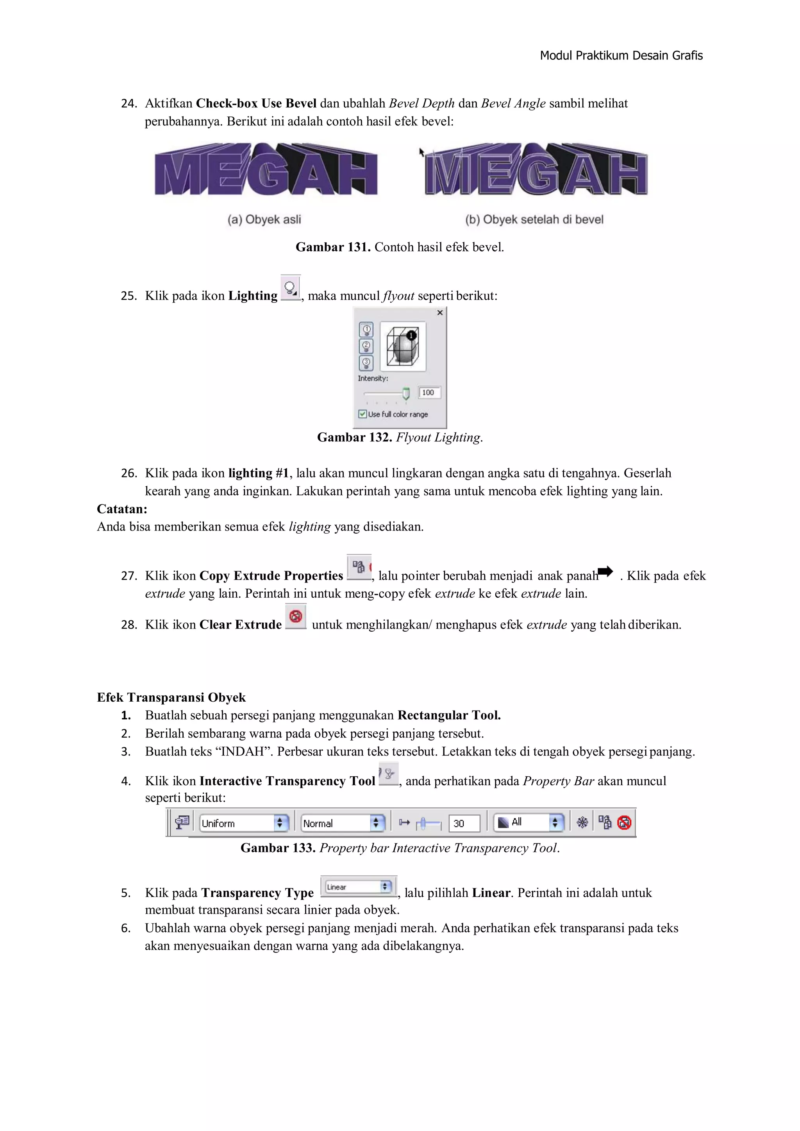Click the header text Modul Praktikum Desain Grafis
coord(621,55)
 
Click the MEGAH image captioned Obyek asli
coord(266,170)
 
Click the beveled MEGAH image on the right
coord(536,170)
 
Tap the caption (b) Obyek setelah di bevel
coord(534,220)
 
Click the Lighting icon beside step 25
coord(290,288)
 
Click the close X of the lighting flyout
coord(440,313)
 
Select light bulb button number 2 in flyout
coord(366,346)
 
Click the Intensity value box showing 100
coord(429,393)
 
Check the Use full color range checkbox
coord(362,414)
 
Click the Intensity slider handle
coord(406,393)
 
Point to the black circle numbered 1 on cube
coord(411,336)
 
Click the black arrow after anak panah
coord(605,572)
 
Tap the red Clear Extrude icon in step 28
coord(296,616)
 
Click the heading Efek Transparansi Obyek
coord(171,697)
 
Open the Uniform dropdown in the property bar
coord(244,823)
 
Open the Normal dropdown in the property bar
coord(342,823)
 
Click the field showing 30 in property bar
coord(464,824)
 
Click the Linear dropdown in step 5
coord(359,887)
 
